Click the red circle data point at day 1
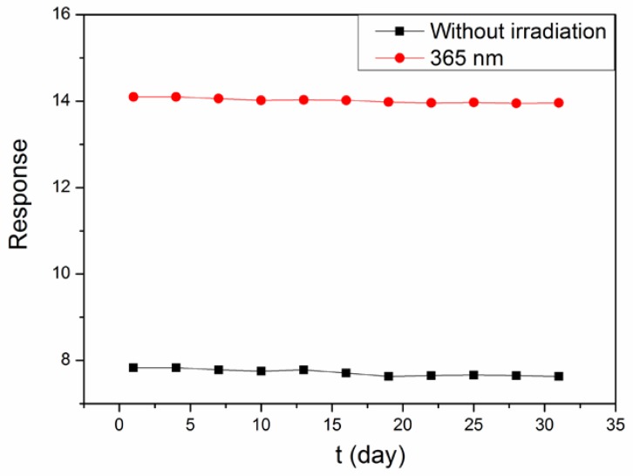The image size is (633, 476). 133,97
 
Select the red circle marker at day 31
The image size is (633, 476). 559,102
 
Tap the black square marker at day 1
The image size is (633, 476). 133,368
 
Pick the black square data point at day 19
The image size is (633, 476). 389,377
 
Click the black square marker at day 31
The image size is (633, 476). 559,377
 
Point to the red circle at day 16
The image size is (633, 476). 346,100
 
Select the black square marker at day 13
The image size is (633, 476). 303,370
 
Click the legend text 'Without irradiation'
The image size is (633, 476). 516,31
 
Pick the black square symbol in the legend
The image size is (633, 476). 398,31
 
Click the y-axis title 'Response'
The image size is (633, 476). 19,194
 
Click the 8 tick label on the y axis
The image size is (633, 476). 68,360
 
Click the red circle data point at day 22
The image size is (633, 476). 431,103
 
